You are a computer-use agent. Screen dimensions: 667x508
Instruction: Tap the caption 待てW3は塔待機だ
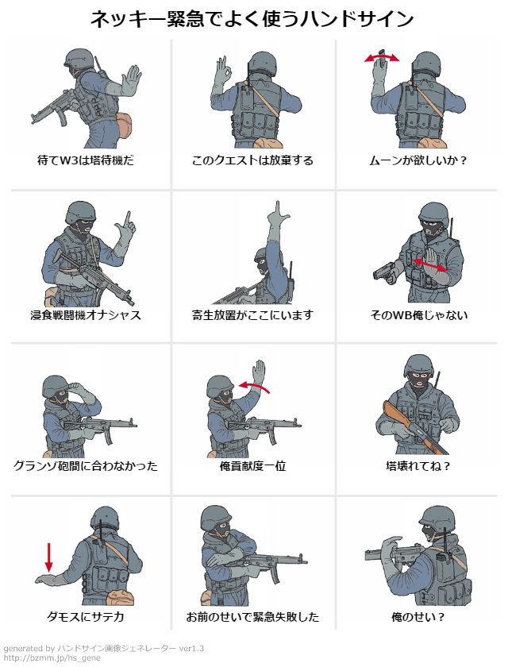point(86,160)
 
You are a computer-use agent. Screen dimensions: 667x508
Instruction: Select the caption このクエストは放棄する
point(252,160)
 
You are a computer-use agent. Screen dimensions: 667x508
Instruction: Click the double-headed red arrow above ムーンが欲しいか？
point(381,59)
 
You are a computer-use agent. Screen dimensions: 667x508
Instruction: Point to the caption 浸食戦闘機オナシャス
point(86,315)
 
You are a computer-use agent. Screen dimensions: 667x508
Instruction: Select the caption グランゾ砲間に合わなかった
point(86,466)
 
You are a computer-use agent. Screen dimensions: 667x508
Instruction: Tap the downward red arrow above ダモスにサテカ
point(48,557)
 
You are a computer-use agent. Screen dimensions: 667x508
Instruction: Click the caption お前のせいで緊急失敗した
point(252,617)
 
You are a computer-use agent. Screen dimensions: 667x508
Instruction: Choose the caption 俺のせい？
point(418,617)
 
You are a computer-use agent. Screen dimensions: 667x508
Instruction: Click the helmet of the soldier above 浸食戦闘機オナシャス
point(81,212)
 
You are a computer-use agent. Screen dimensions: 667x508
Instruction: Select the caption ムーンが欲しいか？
point(418,160)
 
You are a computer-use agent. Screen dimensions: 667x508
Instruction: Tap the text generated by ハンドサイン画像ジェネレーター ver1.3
point(103,648)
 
